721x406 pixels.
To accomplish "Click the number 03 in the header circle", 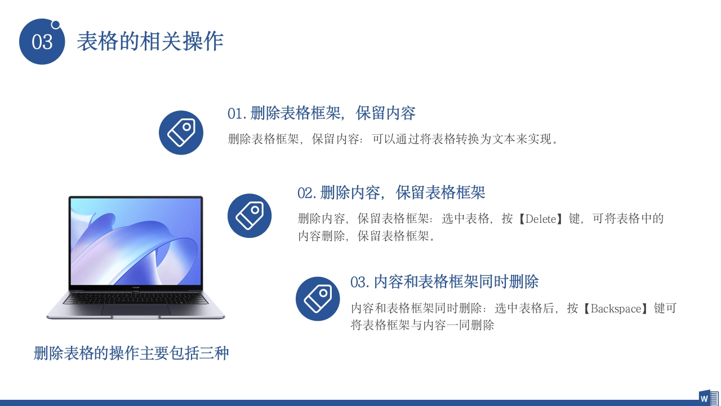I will [42, 42].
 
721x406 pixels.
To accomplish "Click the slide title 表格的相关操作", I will [150, 41].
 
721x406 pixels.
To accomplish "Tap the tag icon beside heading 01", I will [181, 133].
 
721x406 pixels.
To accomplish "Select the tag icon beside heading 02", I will [250, 215].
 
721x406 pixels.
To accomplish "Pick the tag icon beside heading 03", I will [318, 299].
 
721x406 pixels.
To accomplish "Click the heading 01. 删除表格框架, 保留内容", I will [321, 113].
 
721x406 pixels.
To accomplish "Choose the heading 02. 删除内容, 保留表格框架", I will [391, 193].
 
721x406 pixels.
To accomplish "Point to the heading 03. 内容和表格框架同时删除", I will [444, 281].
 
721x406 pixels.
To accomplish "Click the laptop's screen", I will [135, 242].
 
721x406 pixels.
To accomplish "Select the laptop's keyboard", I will [135, 298].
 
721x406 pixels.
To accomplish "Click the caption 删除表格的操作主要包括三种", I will [131, 354].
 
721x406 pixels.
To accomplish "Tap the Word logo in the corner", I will [708, 397].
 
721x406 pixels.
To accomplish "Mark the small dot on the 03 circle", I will [56, 24].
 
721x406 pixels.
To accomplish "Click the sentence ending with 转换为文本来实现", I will [393, 139].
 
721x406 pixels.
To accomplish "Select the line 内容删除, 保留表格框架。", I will [367, 236].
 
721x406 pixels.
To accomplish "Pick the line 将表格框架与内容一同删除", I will [422, 325].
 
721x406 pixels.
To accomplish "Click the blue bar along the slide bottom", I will [338, 403].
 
